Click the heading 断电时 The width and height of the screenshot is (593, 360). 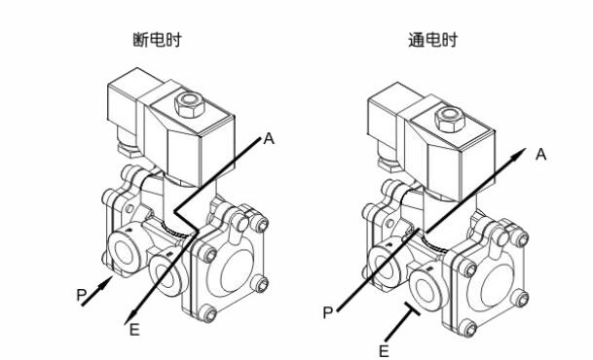(x=157, y=40)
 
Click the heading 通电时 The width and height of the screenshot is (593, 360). (x=432, y=40)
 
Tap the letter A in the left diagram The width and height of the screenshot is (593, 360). (x=269, y=138)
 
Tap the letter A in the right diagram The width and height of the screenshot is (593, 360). (x=541, y=154)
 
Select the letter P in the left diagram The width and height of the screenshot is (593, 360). (x=82, y=295)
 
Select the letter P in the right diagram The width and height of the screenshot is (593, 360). (x=327, y=312)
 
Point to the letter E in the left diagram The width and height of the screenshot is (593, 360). (x=134, y=330)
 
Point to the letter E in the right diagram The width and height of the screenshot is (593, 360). (x=384, y=351)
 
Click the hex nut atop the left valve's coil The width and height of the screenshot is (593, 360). (x=189, y=103)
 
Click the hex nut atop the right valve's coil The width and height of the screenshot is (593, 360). (x=450, y=119)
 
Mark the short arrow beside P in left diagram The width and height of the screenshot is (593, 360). (x=97, y=291)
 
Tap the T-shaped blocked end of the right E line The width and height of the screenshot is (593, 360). (x=412, y=308)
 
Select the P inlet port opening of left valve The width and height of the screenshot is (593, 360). (x=124, y=253)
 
